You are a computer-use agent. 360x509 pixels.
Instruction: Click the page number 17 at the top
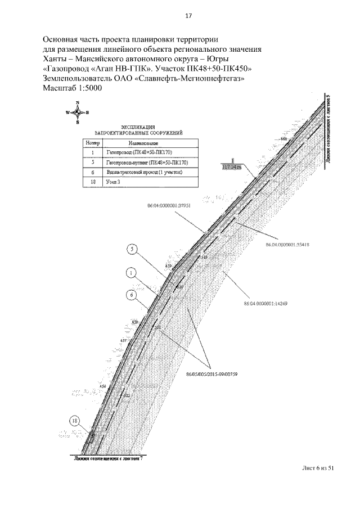(189, 16)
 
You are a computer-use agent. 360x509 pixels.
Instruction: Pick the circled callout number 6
(132, 294)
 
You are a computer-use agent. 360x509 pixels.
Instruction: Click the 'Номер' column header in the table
(92, 143)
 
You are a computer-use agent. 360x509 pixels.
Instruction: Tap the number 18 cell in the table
(92, 182)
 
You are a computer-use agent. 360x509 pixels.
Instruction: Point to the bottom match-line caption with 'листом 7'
(109, 458)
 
